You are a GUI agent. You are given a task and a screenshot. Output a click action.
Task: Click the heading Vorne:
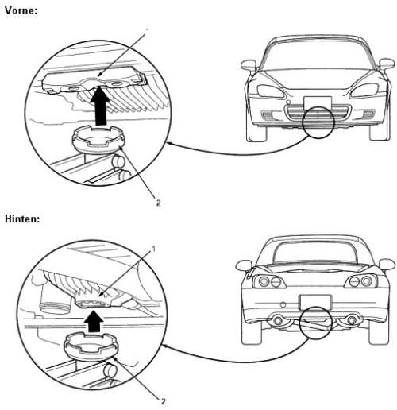click(21, 10)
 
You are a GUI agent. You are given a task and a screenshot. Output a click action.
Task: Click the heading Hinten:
click(22, 219)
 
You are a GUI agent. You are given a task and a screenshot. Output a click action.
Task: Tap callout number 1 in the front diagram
click(148, 32)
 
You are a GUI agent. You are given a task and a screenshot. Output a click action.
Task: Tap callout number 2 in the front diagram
click(158, 203)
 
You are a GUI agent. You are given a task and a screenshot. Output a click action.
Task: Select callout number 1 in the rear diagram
click(153, 249)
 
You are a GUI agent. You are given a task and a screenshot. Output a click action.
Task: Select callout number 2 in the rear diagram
click(164, 401)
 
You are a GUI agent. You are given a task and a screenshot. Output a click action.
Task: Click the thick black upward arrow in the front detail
click(100, 106)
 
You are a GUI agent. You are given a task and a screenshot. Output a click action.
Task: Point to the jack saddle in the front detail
click(98, 141)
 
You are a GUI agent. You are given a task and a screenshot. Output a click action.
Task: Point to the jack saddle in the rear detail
click(91, 347)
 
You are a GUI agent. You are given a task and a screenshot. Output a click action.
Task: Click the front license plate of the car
click(318, 102)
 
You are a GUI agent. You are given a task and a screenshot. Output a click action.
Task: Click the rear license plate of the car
click(314, 302)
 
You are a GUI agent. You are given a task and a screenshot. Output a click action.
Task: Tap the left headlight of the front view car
click(271, 91)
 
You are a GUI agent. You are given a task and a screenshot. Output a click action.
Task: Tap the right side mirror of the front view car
click(387, 64)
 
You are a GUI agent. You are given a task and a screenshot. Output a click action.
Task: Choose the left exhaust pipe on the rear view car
click(277, 320)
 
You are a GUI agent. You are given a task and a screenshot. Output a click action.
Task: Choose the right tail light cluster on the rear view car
click(361, 281)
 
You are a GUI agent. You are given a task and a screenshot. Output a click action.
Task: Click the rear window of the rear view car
click(314, 253)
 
